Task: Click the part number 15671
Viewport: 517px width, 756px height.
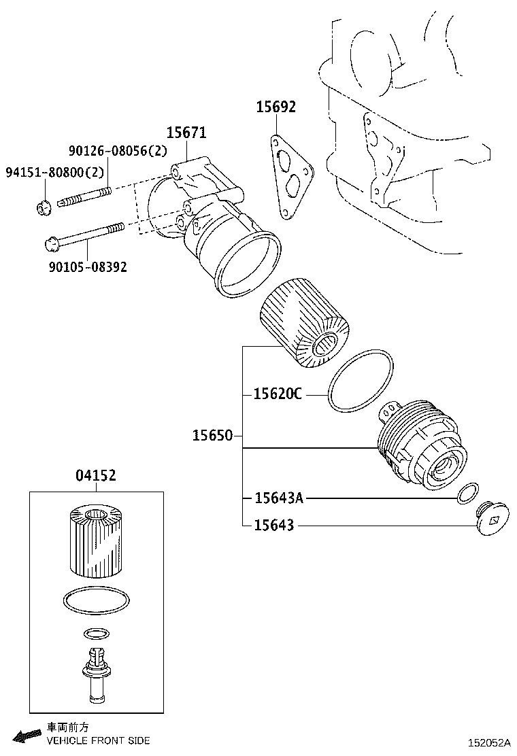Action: pyautogui.click(x=187, y=133)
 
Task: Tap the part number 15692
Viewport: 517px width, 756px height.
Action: pyautogui.click(x=276, y=107)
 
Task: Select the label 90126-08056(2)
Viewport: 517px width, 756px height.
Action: pyautogui.click(x=117, y=152)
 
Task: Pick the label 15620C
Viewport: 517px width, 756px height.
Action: pyautogui.click(x=277, y=394)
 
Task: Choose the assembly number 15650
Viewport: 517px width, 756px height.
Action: pyautogui.click(x=212, y=436)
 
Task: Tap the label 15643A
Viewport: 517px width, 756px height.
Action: pyautogui.click(x=278, y=498)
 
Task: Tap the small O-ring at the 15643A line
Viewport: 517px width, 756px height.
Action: pyautogui.click(x=467, y=494)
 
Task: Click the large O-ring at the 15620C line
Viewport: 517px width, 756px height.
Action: pyautogui.click(x=360, y=381)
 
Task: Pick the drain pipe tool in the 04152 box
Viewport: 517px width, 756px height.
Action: pyautogui.click(x=95, y=677)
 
